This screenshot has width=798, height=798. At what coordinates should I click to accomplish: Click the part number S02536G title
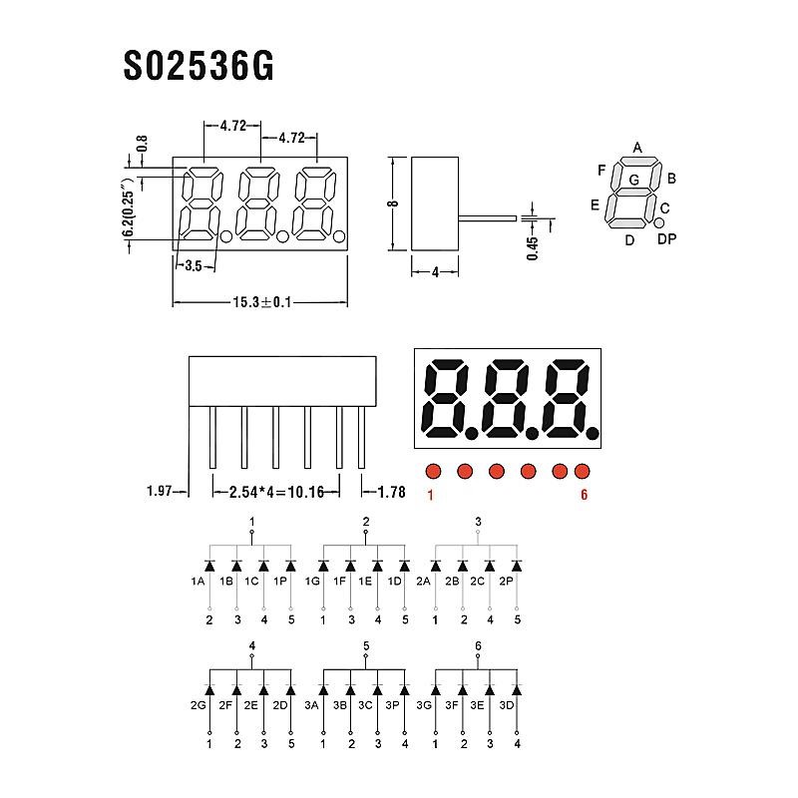[x=199, y=66]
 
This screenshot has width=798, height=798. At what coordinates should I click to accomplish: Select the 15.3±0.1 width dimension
[x=262, y=302]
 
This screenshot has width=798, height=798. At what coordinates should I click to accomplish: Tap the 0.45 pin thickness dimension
[x=533, y=248]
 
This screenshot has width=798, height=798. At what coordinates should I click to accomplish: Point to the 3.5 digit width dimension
[x=194, y=265]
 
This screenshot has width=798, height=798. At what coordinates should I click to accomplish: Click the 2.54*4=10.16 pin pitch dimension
[x=276, y=492]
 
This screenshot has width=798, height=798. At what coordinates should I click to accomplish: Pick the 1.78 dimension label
[x=391, y=492]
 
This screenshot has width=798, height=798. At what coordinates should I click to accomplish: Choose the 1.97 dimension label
[x=160, y=491]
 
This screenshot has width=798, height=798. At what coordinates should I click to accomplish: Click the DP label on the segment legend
[x=666, y=238]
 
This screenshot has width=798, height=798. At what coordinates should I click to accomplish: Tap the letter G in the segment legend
[x=633, y=180]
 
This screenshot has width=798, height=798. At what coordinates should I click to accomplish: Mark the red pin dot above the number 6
[x=582, y=471]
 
